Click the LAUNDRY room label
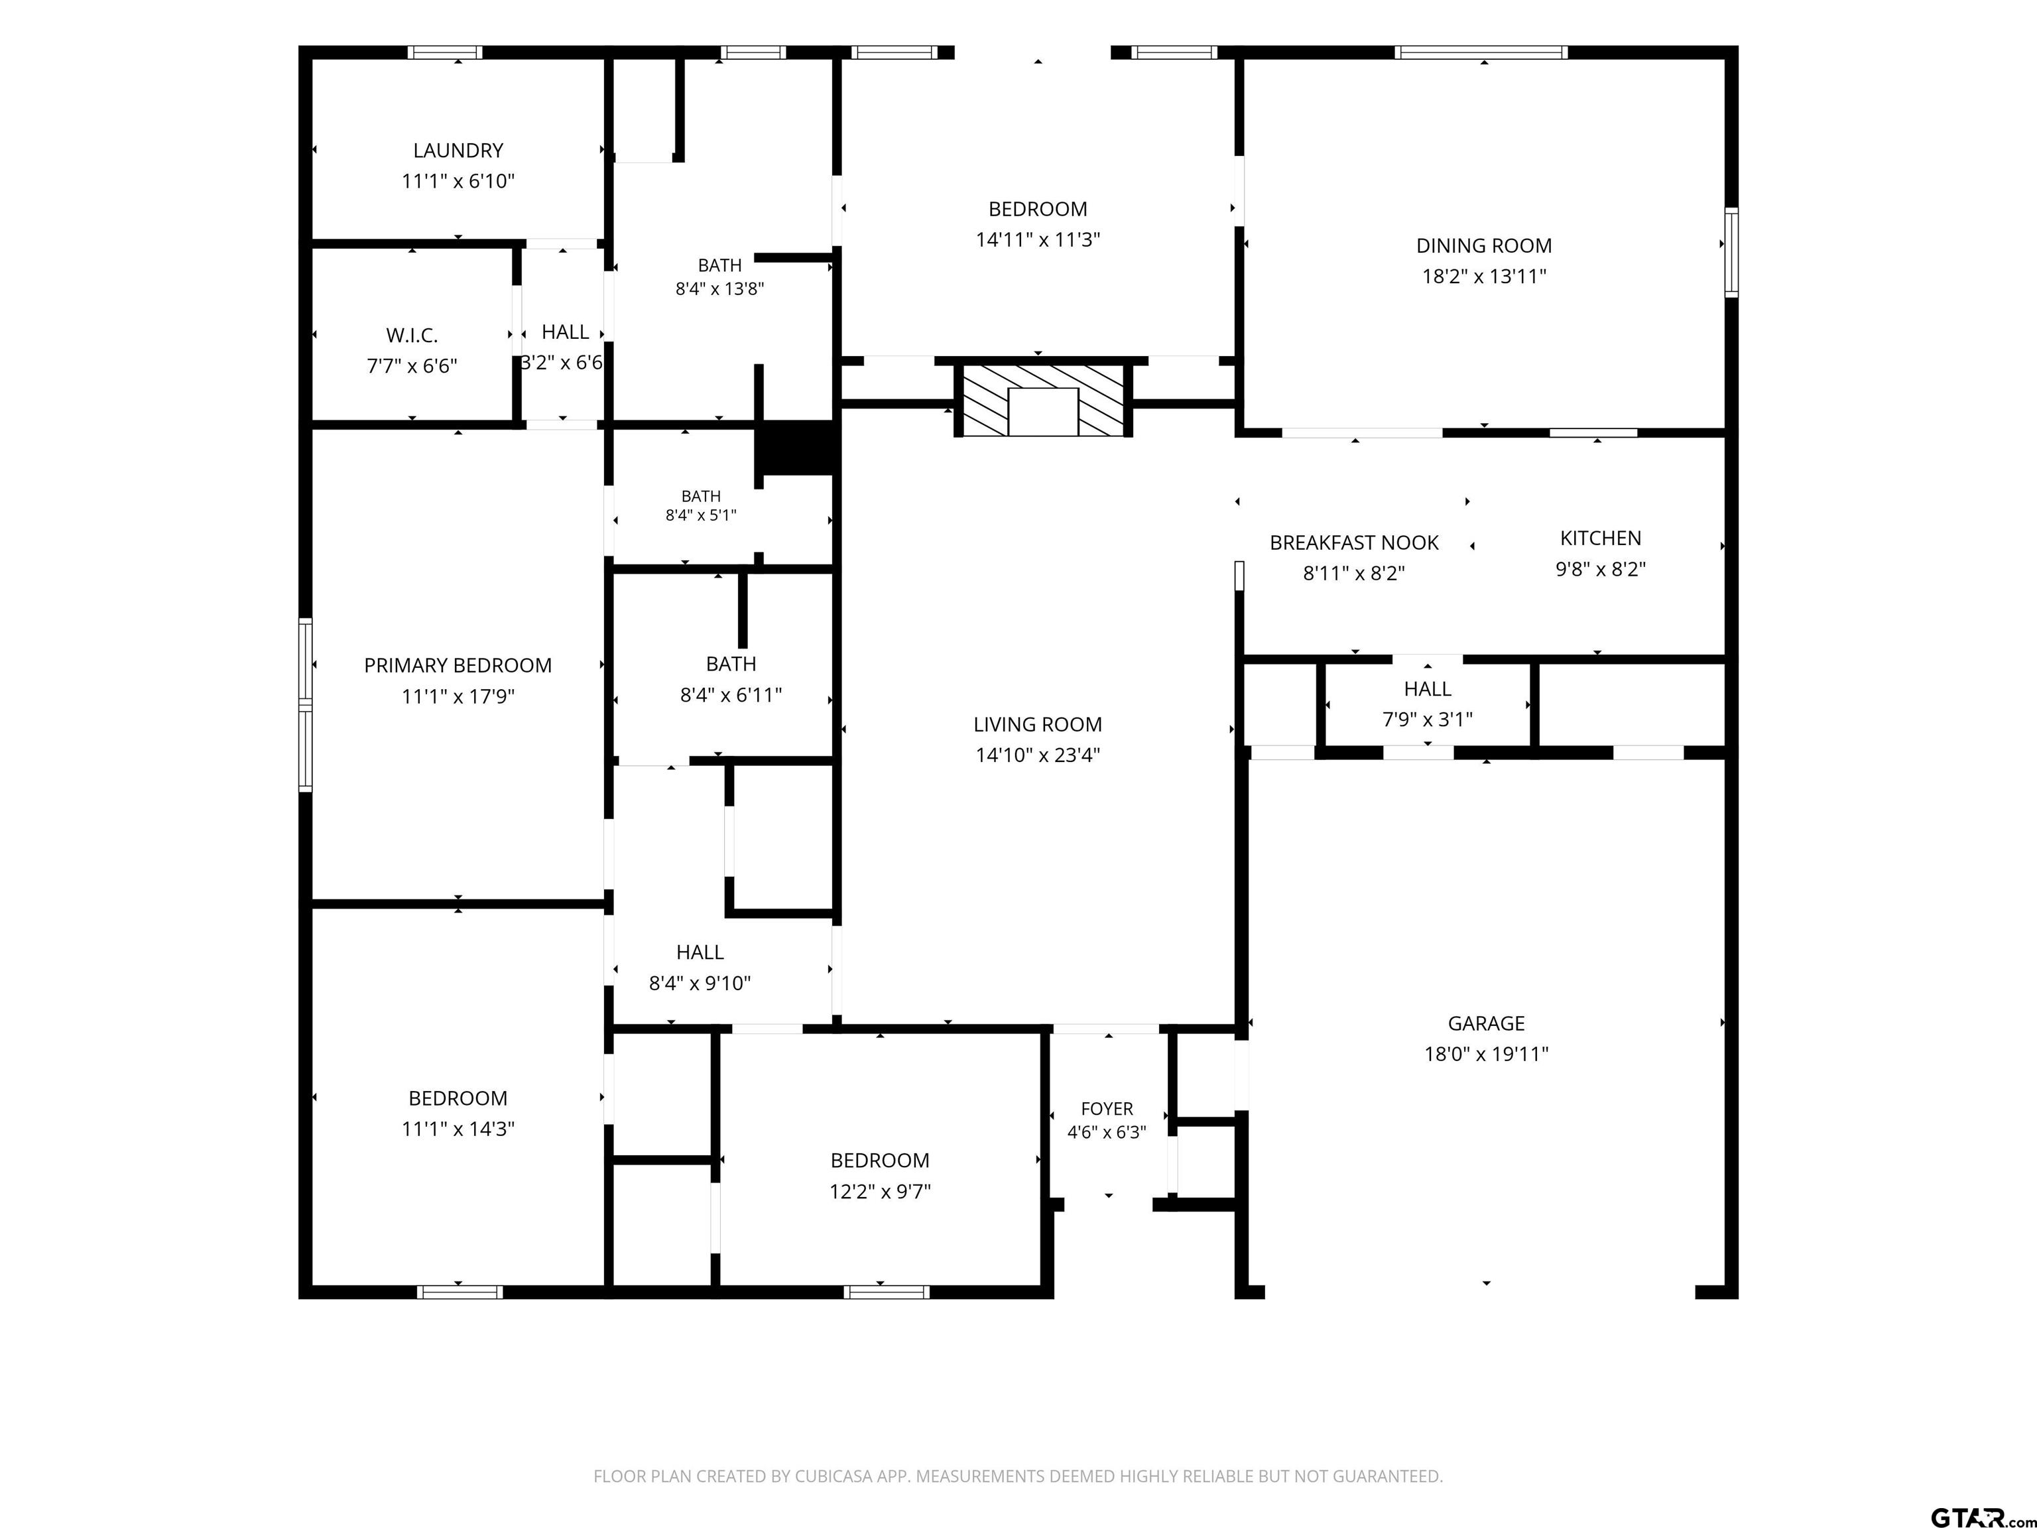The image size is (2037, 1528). (x=458, y=150)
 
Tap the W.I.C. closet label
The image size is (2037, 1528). (x=412, y=336)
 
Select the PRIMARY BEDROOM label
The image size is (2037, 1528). (x=458, y=665)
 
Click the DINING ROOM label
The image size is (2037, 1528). (x=1483, y=246)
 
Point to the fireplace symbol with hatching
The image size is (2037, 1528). (x=1042, y=400)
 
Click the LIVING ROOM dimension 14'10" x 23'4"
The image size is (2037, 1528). (x=1038, y=755)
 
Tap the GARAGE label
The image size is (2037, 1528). (x=1487, y=1023)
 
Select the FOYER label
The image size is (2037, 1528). (x=1107, y=1109)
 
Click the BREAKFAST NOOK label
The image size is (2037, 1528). (x=1354, y=542)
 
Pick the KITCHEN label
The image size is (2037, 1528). (x=1601, y=538)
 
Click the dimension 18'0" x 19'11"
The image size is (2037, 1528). (x=1487, y=1054)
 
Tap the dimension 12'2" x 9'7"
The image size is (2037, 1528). (x=879, y=1191)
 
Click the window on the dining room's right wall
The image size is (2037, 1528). (x=1731, y=253)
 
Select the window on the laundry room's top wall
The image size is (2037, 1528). (x=446, y=52)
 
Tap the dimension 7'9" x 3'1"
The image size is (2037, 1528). (x=1428, y=720)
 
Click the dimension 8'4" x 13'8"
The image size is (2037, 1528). (x=719, y=288)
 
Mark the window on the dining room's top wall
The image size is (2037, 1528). (x=1481, y=52)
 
